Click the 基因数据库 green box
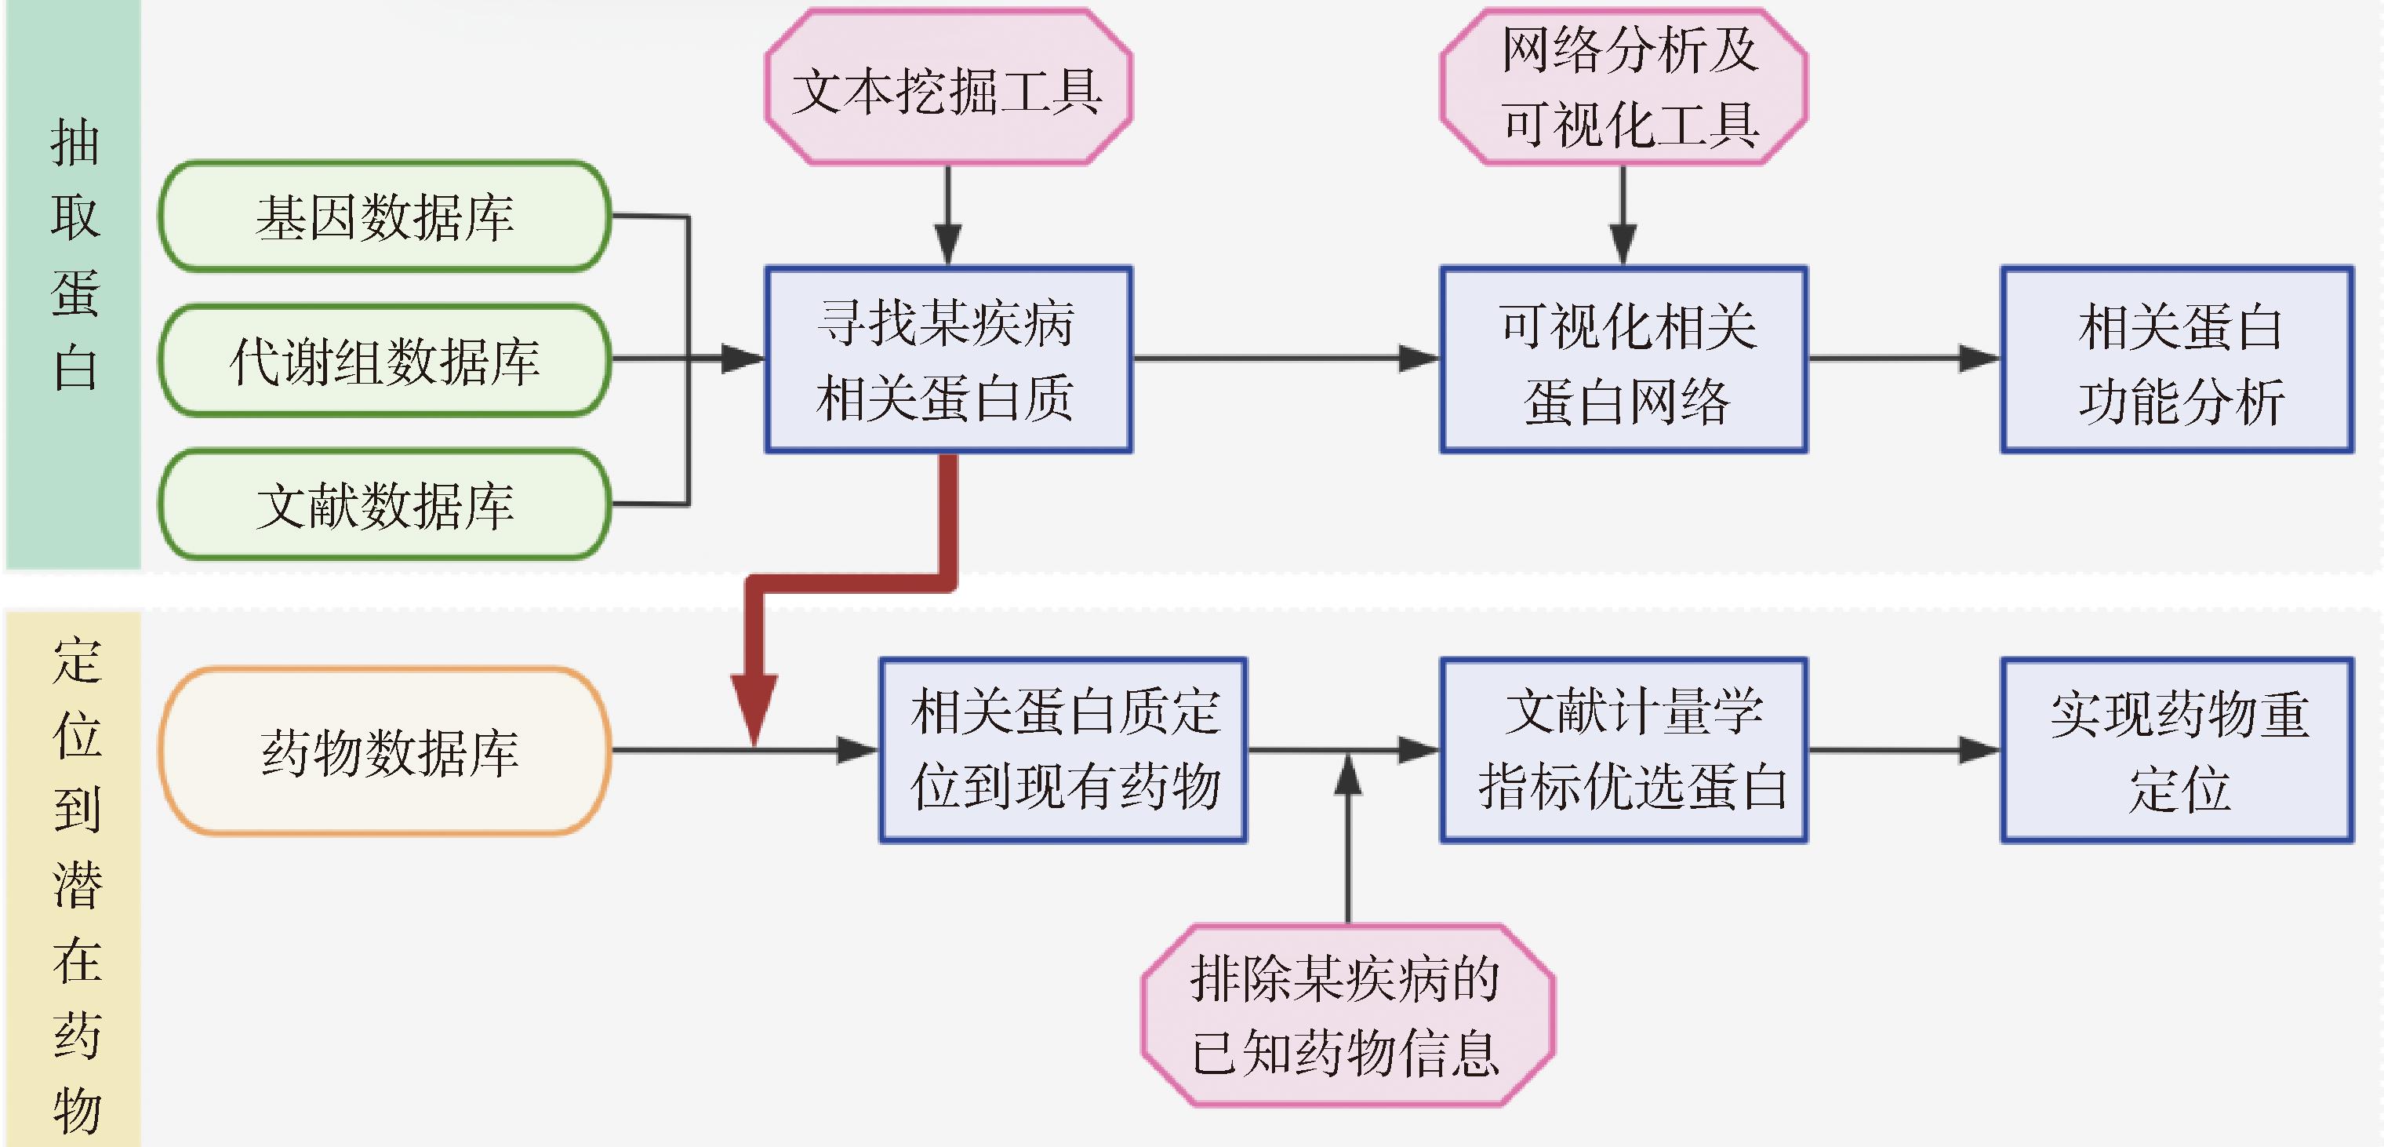coord(384,217)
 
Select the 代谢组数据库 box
coord(384,360)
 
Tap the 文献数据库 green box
coord(384,504)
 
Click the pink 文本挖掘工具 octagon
coord(947,89)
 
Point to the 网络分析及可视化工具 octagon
coord(1624,87)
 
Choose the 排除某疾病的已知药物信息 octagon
coord(1347,1014)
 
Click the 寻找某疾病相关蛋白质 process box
coord(947,360)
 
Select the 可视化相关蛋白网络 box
coord(1624,360)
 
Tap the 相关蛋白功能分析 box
coord(2178,360)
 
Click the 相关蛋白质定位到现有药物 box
coord(1063,750)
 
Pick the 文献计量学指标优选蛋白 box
coord(1624,750)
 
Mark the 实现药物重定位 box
coord(2178,750)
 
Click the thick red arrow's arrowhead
coord(754,708)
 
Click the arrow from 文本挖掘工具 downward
coord(947,217)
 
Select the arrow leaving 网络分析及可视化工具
coord(1623,217)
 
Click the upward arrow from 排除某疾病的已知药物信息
coord(1347,833)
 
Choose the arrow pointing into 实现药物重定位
coord(1906,750)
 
